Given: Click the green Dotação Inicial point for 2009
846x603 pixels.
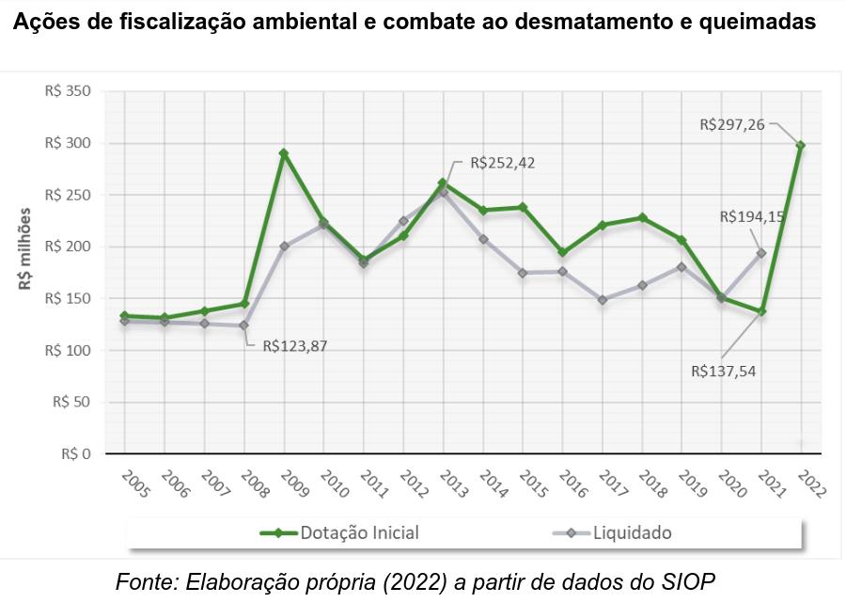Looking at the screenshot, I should click(x=284, y=152).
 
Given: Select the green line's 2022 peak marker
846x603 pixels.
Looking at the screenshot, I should click(x=801, y=146).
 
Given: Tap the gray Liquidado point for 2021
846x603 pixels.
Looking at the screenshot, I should click(x=761, y=253).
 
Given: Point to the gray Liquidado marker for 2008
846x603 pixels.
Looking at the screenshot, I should click(x=244, y=325).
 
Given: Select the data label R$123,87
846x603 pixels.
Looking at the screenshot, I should click(x=293, y=345).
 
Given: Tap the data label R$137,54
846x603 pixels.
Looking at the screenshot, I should click(x=723, y=371).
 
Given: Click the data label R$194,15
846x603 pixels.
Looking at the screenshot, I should click(x=752, y=216).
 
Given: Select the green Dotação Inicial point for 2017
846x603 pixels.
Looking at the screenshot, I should click(x=603, y=225).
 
